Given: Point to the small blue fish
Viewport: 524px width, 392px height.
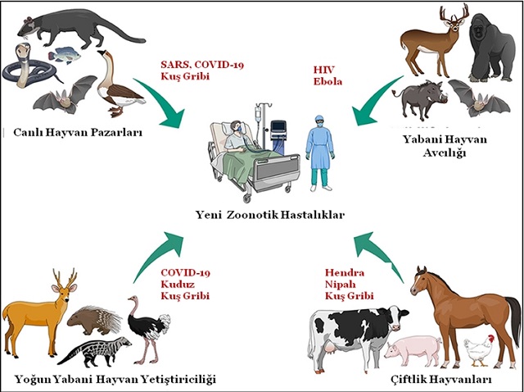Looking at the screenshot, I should pos(61,57).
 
